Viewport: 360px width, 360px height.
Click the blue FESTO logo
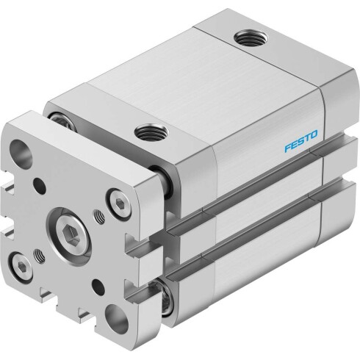pos(300,141)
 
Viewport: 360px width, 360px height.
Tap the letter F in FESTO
pos(288,148)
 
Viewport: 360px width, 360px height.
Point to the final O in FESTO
pos(314,134)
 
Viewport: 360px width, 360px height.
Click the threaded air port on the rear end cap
pos(251,38)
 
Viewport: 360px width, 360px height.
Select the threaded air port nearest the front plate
pos(151,133)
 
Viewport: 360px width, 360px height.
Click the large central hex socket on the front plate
pos(72,233)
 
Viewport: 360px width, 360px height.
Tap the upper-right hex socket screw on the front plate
pos(119,203)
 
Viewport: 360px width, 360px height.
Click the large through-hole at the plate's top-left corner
pos(21,151)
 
